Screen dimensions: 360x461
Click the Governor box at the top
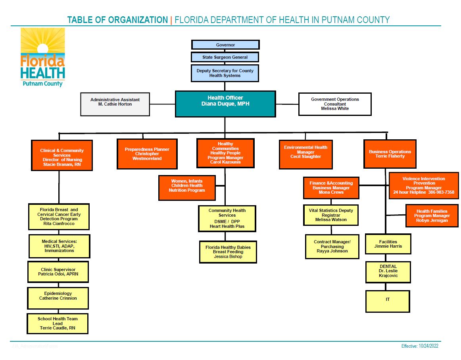pos(225,45)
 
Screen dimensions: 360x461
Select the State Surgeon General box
pos(225,57)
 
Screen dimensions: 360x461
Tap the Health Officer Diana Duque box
pos(225,104)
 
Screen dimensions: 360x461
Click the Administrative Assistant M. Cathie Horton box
pos(115,104)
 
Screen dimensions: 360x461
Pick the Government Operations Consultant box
pos(335,104)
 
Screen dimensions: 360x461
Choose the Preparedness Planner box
pos(147,154)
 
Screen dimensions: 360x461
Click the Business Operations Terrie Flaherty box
pos(390,154)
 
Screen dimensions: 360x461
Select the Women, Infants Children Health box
pos(187,188)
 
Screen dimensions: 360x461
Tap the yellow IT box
pos(388,301)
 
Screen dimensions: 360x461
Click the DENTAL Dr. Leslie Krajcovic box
pos(388,272)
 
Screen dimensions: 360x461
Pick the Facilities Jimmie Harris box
pos(388,244)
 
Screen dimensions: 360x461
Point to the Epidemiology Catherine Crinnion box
pos(58,298)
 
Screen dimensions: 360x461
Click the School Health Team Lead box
pos(58,323)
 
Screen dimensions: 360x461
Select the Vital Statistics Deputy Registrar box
pos(331,215)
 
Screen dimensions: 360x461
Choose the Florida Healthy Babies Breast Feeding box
pos(228,252)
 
